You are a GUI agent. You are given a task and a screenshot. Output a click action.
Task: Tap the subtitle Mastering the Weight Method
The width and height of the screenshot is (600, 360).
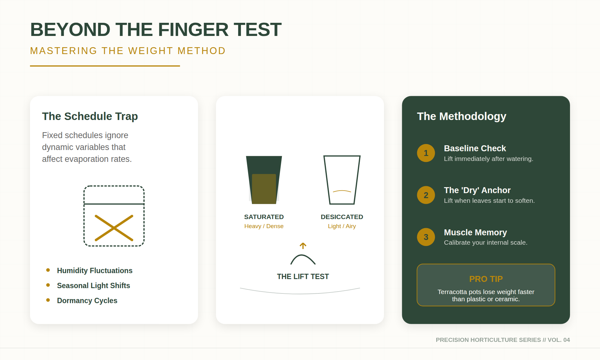click(x=127, y=51)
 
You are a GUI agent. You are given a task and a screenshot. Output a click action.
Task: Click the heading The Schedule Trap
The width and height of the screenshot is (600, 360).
click(x=90, y=116)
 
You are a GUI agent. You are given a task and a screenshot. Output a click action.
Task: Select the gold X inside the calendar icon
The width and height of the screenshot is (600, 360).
click(x=114, y=228)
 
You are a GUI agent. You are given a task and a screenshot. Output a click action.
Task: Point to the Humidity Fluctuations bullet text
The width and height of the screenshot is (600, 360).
click(x=94, y=271)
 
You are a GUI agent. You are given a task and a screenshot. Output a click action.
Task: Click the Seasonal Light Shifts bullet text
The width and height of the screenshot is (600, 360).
click(x=93, y=286)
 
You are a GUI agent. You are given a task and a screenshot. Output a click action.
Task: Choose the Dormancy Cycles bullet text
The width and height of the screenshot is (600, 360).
click(x=87, y=301)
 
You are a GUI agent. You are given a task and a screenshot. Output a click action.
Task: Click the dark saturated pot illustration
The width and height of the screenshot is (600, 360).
click(x=264, y=180)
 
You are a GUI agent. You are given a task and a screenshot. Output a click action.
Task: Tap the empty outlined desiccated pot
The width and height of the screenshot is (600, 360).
click(x=342, y=180)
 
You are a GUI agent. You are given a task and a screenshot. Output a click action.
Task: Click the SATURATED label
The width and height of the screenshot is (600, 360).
click(x=264, y=217)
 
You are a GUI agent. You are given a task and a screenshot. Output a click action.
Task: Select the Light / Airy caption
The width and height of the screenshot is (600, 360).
click(x=342, y=226)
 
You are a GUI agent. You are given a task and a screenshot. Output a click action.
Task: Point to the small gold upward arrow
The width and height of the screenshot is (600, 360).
click(x=303, y=246)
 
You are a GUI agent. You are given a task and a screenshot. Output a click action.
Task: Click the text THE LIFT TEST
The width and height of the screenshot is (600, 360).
click(x=302, y=277)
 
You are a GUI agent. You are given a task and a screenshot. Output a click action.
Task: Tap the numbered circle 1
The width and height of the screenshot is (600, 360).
click(x=426, y=153)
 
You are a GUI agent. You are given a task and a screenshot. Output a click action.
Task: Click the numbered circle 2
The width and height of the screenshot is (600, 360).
click(x=426, y=195)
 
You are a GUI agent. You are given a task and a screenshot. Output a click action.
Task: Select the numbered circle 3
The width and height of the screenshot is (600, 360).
click(x=426, y=237)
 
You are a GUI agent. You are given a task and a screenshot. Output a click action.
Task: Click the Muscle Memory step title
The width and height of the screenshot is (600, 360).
click(x=475, y=232)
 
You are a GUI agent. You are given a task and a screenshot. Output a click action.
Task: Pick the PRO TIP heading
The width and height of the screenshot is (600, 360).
click(x=486, y=279)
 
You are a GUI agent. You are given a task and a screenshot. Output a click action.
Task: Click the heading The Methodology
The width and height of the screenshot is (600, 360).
click(x=461, y=116)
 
